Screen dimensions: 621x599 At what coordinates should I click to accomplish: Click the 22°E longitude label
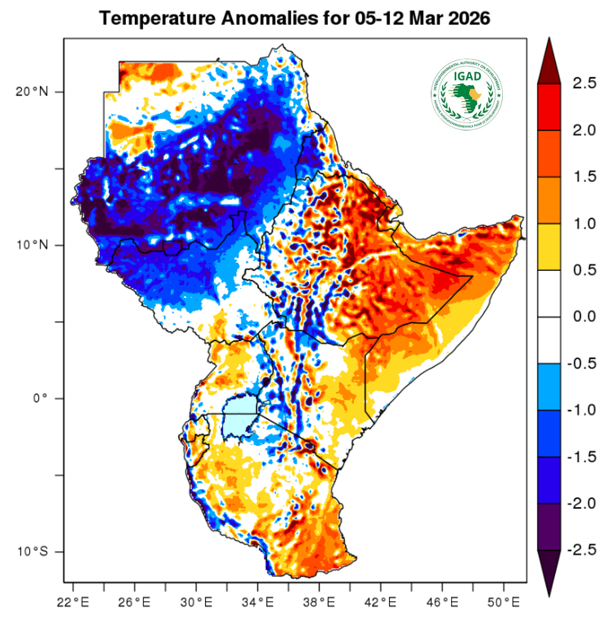pos(73,602)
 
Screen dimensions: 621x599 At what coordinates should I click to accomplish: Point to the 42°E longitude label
pos(381,602)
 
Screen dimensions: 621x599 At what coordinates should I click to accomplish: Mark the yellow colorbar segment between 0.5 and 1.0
pos(550,247)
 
